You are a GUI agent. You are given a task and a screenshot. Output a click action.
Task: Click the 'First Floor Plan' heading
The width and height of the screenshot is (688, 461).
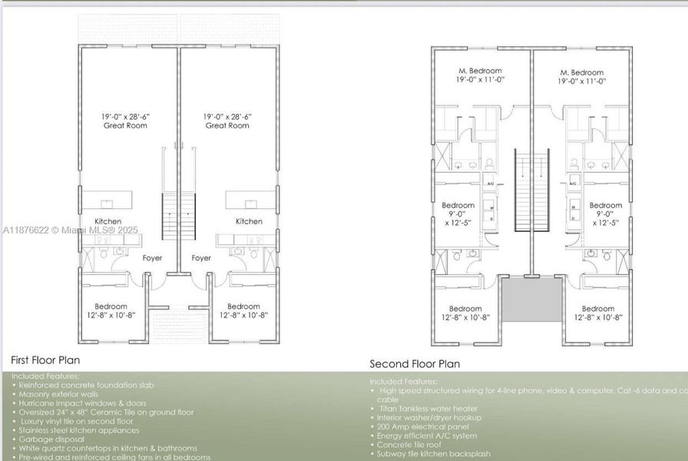click(x=45, y=360)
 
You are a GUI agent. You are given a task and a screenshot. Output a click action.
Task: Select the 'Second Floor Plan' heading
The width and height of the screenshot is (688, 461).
click(x=415, y=364)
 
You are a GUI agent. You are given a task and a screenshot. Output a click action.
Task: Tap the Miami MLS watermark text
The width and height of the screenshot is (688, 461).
click(x=70, y=230)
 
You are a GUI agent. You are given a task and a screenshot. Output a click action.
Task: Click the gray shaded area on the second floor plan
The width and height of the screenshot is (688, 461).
click(x=531, y=300)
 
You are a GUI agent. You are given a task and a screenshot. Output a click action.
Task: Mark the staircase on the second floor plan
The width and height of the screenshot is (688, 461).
click(x=531, y=191)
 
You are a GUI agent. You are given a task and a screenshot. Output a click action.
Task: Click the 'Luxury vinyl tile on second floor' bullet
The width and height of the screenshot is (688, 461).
click(x=76, y=421)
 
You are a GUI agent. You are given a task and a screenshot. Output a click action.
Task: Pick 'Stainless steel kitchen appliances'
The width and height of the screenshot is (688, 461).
click(x=79, y=430)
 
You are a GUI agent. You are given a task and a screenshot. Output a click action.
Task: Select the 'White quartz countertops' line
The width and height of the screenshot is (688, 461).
click(x=107, y=448)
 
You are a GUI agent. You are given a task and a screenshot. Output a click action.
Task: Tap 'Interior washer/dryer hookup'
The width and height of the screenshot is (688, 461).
click(x=429, y=417)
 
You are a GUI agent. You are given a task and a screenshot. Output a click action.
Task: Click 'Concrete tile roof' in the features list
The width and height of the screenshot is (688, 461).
click(x=411, y=445)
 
